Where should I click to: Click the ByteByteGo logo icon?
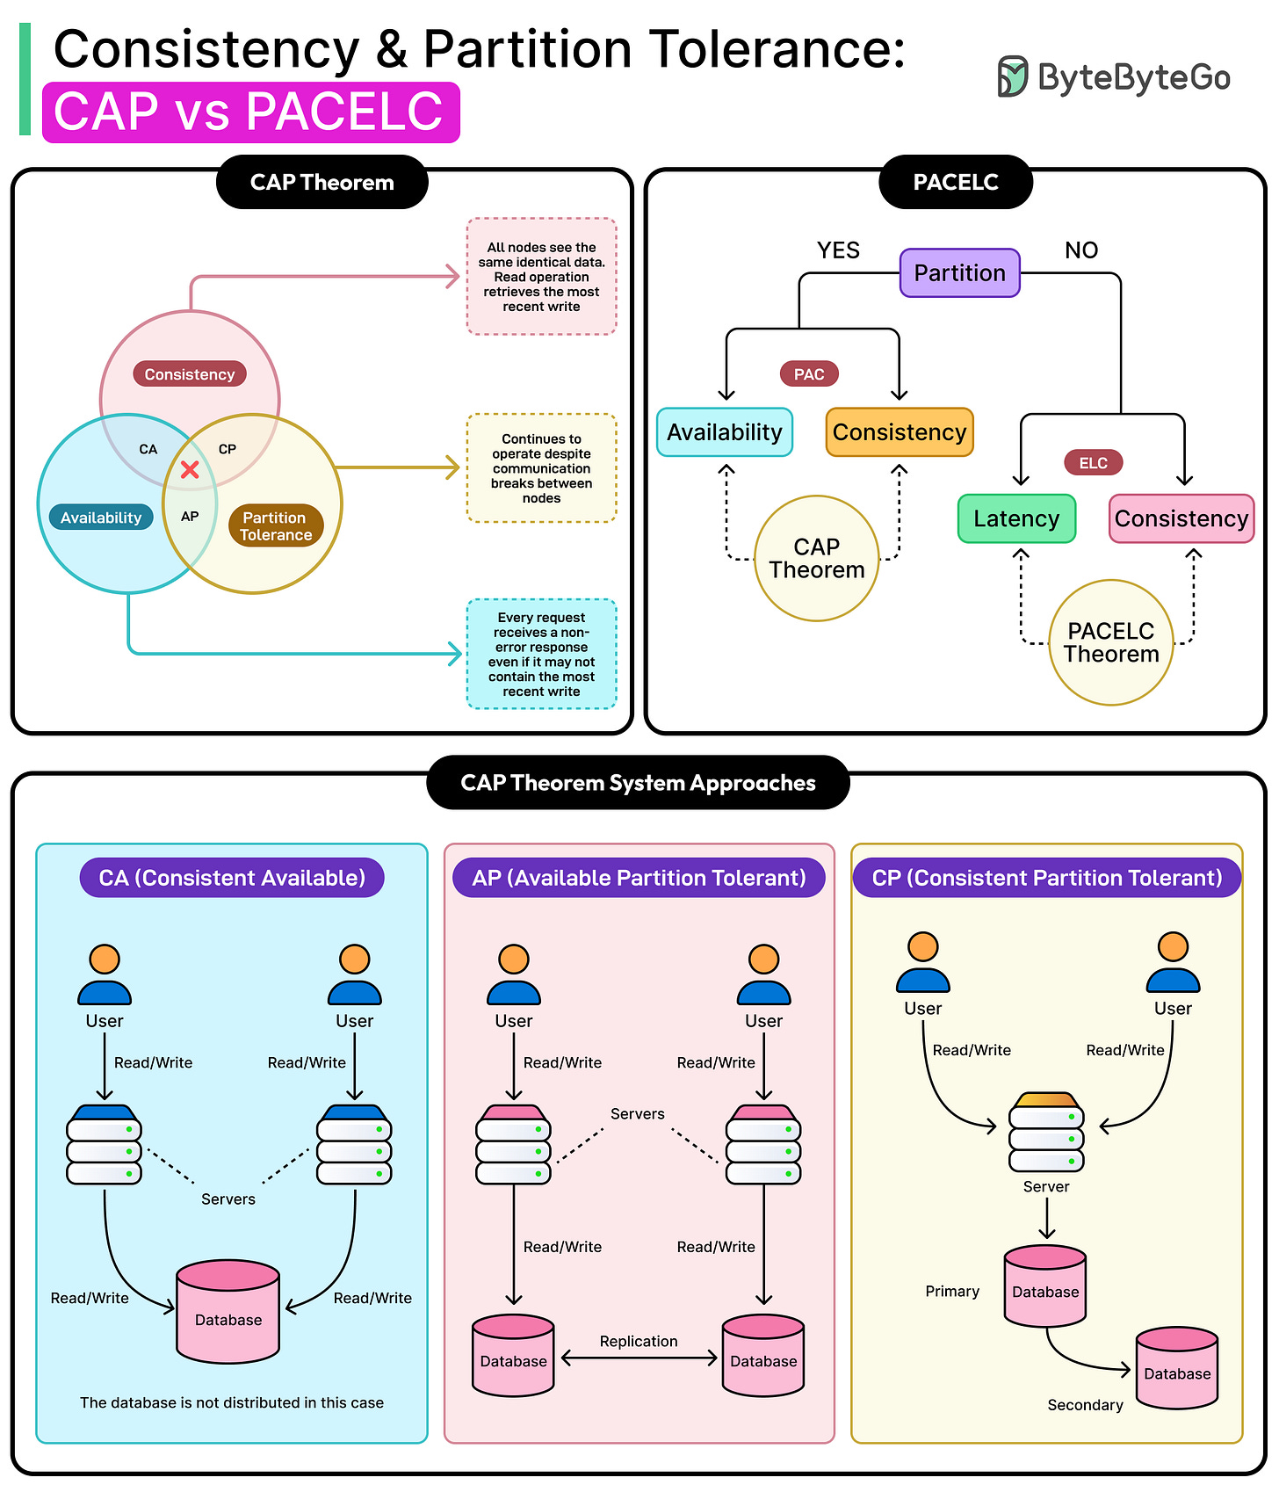pos(1012,76)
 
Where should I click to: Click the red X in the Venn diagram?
pos(190,469)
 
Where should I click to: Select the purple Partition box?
pos(959,273)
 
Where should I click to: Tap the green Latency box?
pos(1016,518)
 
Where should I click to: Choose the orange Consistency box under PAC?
pos(900,432)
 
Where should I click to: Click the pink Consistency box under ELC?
pos(1181,518)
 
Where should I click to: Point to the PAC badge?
pos(809,374)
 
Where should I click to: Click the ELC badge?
pos(1093,463)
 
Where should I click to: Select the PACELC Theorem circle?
pos(1111,642)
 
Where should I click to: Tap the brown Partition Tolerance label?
pos(275,525)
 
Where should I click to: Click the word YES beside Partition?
pos(838,250)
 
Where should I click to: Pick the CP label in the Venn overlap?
pos(227,449)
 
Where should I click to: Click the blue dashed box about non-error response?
pos(541,654)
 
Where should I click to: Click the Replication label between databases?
pos(639,1341)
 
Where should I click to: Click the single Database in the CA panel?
pos(228,1312)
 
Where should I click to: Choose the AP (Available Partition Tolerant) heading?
pos(639,878)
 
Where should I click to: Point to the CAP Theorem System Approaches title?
pos(638,783)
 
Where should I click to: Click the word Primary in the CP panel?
pos(951,1291)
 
